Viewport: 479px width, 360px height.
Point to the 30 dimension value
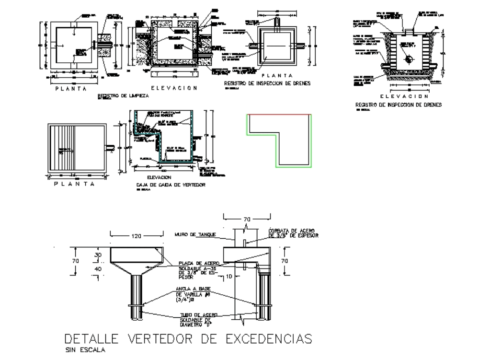[x=98, y=255]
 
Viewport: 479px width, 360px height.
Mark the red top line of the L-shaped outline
[x=279, y=115]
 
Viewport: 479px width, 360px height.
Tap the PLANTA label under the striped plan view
[x=76, y=184]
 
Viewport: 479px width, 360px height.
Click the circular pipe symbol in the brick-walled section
[x=408, y=58]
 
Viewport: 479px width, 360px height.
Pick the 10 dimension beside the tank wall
[x=229, y=277]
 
